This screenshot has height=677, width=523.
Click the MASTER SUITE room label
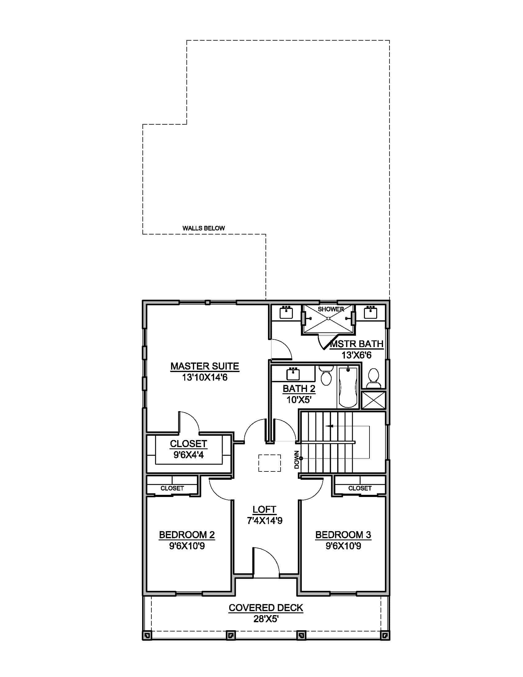205,367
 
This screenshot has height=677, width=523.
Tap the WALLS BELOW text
204,228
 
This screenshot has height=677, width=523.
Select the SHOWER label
331,309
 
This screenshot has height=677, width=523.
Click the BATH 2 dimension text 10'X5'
299,400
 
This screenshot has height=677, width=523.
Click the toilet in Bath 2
326,376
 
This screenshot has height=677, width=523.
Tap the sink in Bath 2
293,374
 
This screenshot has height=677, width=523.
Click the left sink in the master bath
286,312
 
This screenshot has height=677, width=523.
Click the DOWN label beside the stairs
297,460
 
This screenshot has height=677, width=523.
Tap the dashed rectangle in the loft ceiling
269,463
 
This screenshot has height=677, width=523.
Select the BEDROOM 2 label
187,535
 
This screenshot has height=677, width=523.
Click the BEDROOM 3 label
343,535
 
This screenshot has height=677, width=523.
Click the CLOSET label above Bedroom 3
360,488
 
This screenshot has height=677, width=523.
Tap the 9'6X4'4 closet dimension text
188,455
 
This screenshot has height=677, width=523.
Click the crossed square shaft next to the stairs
374,400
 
